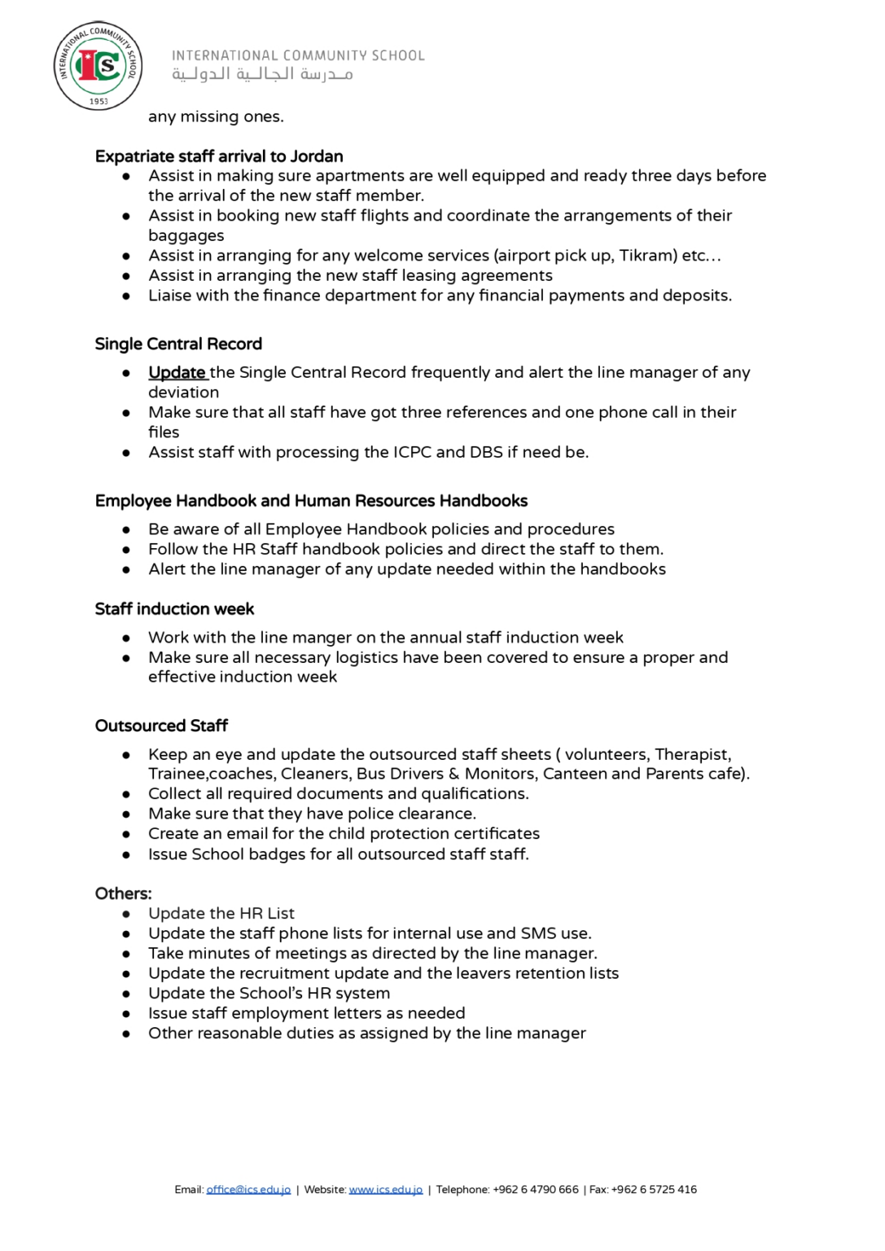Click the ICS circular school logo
coord(98,66)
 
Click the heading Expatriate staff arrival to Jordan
coord(218,156)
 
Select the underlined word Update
coord(177,373)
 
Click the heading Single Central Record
coord(178,344)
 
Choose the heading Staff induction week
coord(174,609)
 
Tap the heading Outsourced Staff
coord(161,726)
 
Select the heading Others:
coord(123,893)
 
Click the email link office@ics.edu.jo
coord(248,1190)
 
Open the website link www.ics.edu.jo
coord(385,1190)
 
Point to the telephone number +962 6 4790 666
coord(535,1190)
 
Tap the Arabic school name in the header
coord(262,75)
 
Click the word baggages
coord(186,236)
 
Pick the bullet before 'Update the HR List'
coord(126,914)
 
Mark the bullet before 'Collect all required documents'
coord(126,794)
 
